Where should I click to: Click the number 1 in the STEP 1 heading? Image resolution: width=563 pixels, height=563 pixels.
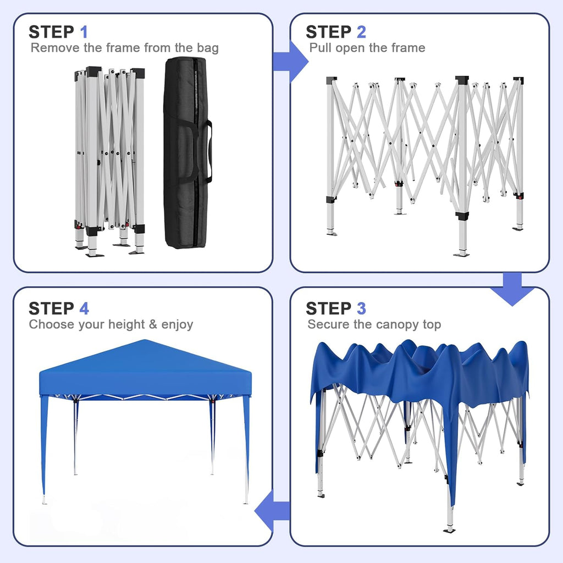[84, 32]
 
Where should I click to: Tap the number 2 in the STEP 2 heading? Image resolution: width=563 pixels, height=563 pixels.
[361, 32]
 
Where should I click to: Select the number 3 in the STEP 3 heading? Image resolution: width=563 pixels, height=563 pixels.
[361, 308]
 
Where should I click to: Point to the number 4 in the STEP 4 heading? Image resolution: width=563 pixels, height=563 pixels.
[84, 308]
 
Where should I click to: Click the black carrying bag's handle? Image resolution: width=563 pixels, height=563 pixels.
[208, 152]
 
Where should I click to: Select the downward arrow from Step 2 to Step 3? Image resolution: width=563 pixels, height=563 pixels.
[512, 289]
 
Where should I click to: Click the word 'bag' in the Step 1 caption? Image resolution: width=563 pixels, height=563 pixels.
[208, 48]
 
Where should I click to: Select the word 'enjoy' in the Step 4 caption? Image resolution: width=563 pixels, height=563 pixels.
[177, 324]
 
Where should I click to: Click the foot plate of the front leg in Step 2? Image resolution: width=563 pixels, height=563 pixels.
[462, 254]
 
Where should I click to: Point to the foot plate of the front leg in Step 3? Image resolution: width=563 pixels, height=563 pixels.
[450, 530]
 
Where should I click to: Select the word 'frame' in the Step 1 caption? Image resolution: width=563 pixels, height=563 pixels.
[123, 48]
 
